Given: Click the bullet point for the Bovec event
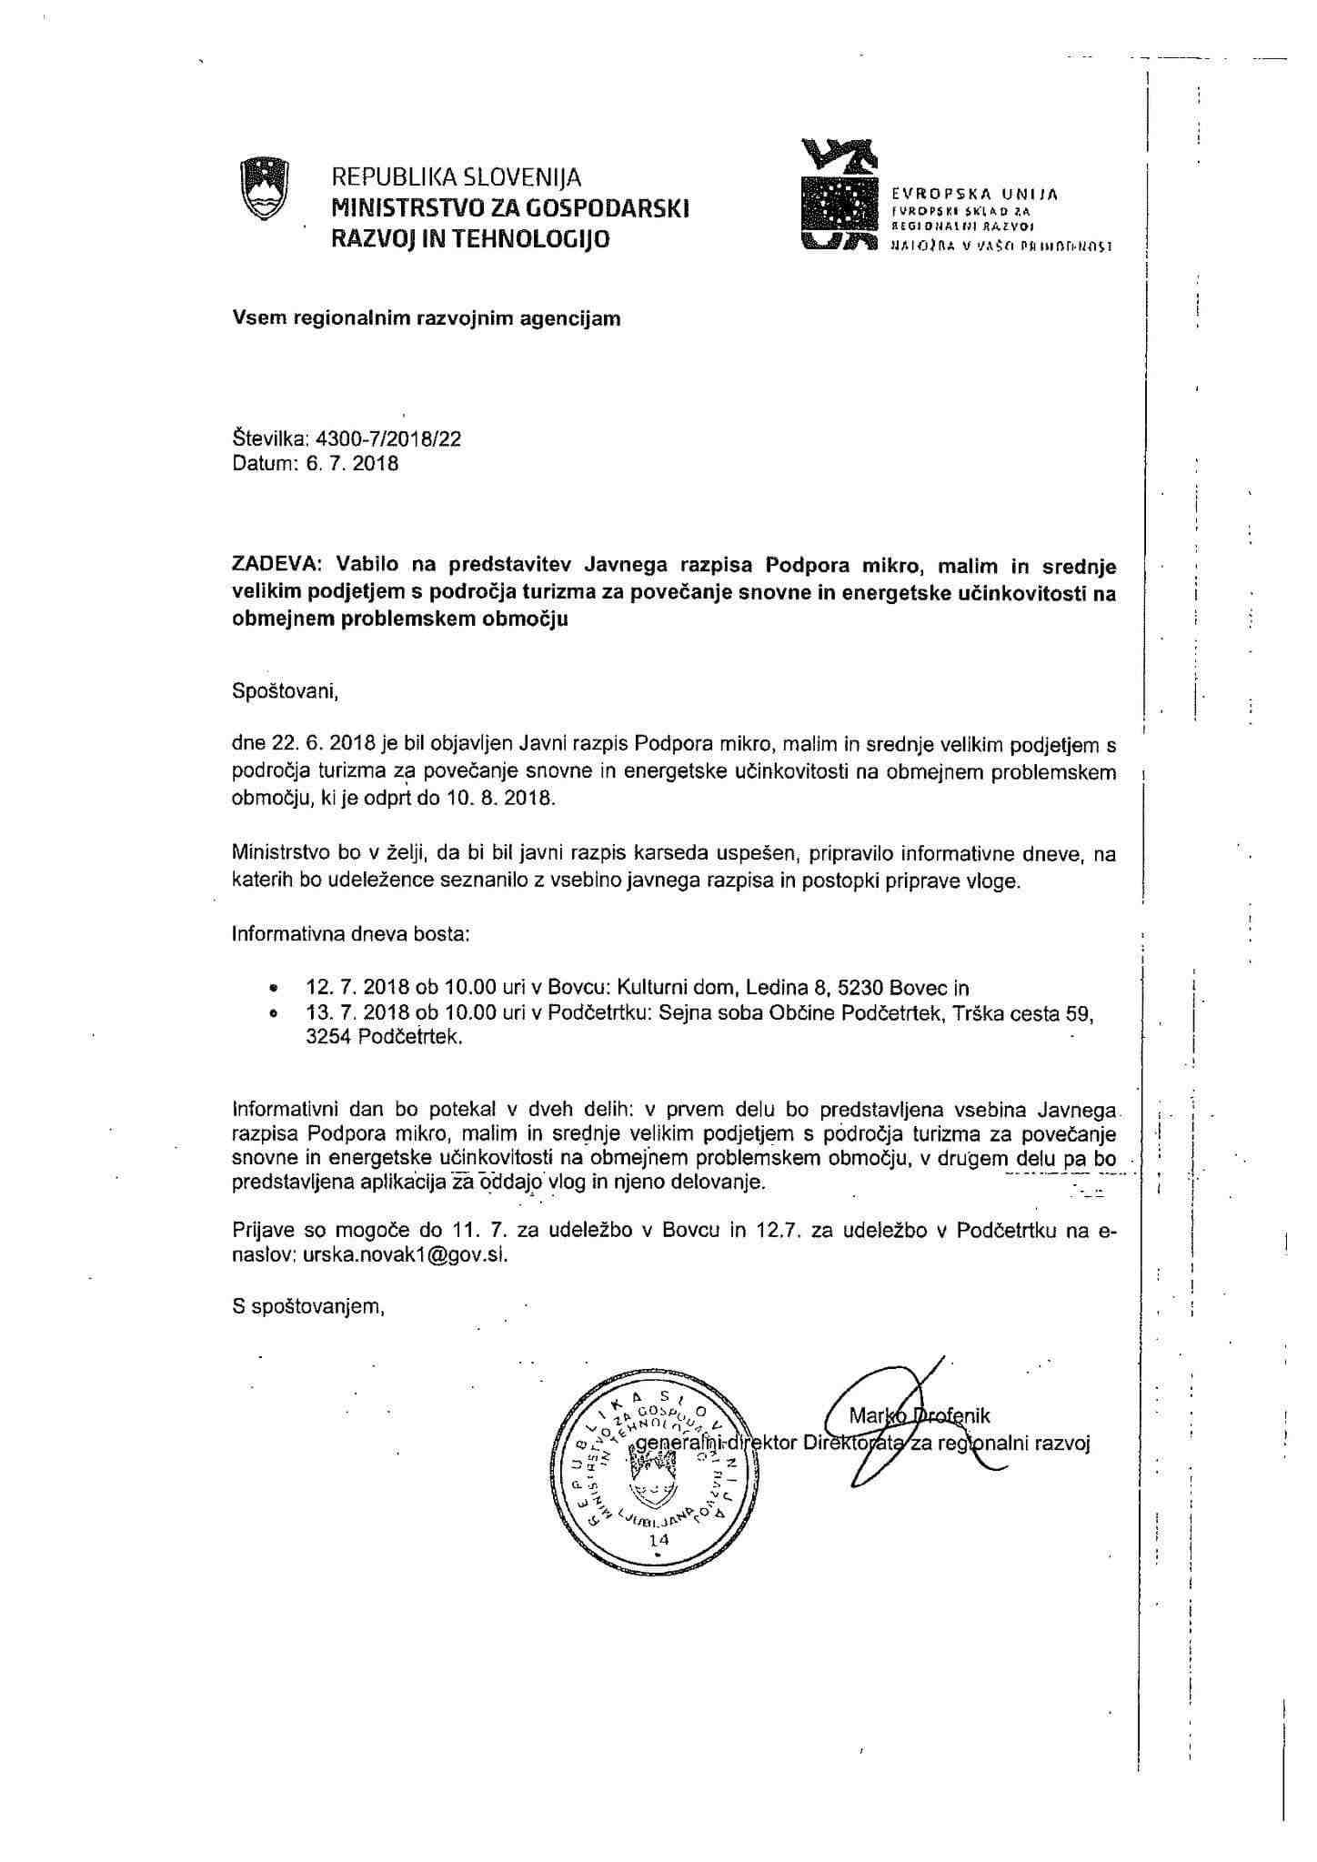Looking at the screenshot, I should click(x=272, y=989).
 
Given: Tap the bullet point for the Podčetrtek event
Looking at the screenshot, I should click(x=272, y=1013).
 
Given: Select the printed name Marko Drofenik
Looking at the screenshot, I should click(x=919, y=1415).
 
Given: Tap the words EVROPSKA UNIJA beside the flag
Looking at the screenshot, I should click(x=975, y=194).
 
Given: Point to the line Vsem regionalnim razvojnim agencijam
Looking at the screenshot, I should click(x=427, y=318).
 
